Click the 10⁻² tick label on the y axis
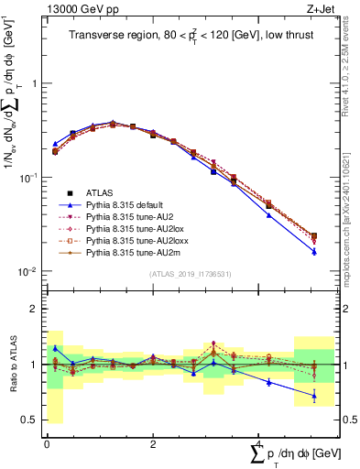(x=28, y=272)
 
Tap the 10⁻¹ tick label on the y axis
(x=28, y=178)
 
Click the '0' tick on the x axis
(x=47, y=443)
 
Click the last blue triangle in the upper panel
(x=313, y=252)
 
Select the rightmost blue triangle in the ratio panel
(x=313, y=396)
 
